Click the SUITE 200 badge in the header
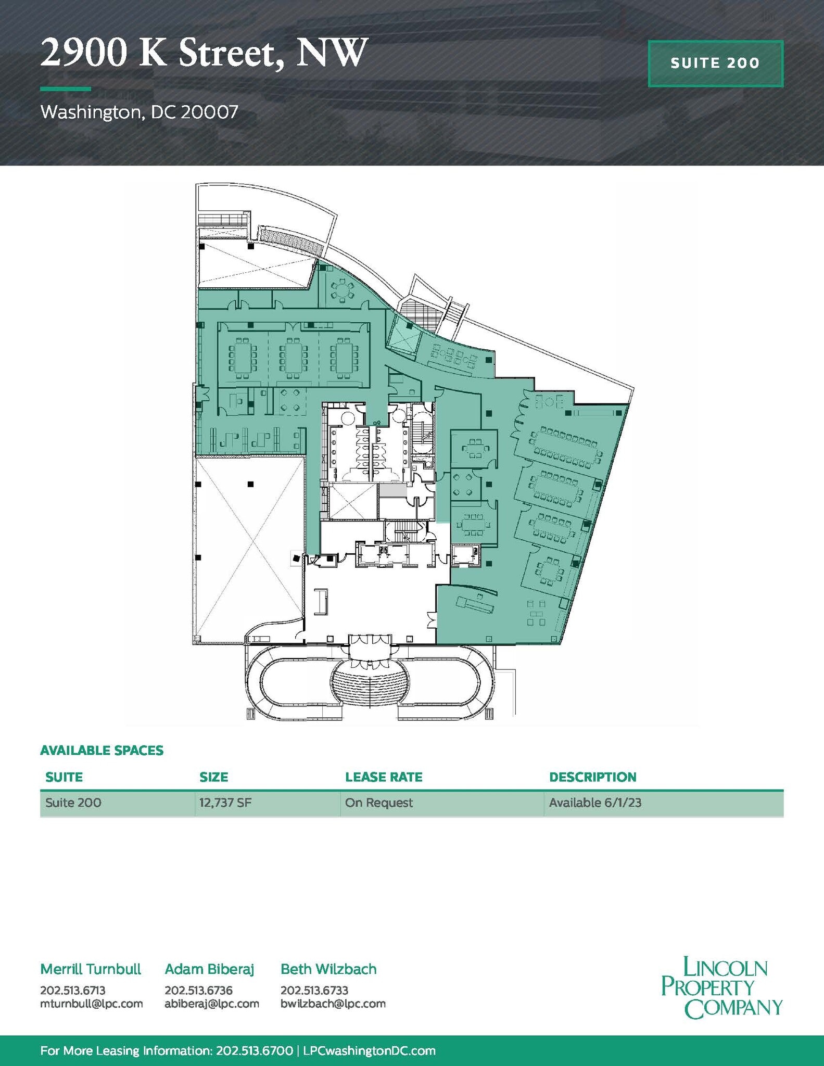pos(715,64)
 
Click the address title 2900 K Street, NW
pos(204,54)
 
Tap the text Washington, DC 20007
pos(139,112)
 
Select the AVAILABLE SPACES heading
pos(102,750)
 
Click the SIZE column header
pos(213,777)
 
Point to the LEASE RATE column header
pos(384,777)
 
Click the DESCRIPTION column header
pos(592,777)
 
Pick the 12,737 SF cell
pos(225,802)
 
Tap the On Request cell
pos(378,802)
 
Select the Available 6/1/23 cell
pos(595,802)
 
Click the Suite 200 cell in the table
pos(73,802)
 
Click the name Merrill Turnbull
pos(91,969)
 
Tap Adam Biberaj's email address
pos(212,1004)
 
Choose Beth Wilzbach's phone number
pos(314,990)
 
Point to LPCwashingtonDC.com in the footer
pos(369,1050)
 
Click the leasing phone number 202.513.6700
pos(253,1050)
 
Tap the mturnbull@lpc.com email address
pos(92,1004)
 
